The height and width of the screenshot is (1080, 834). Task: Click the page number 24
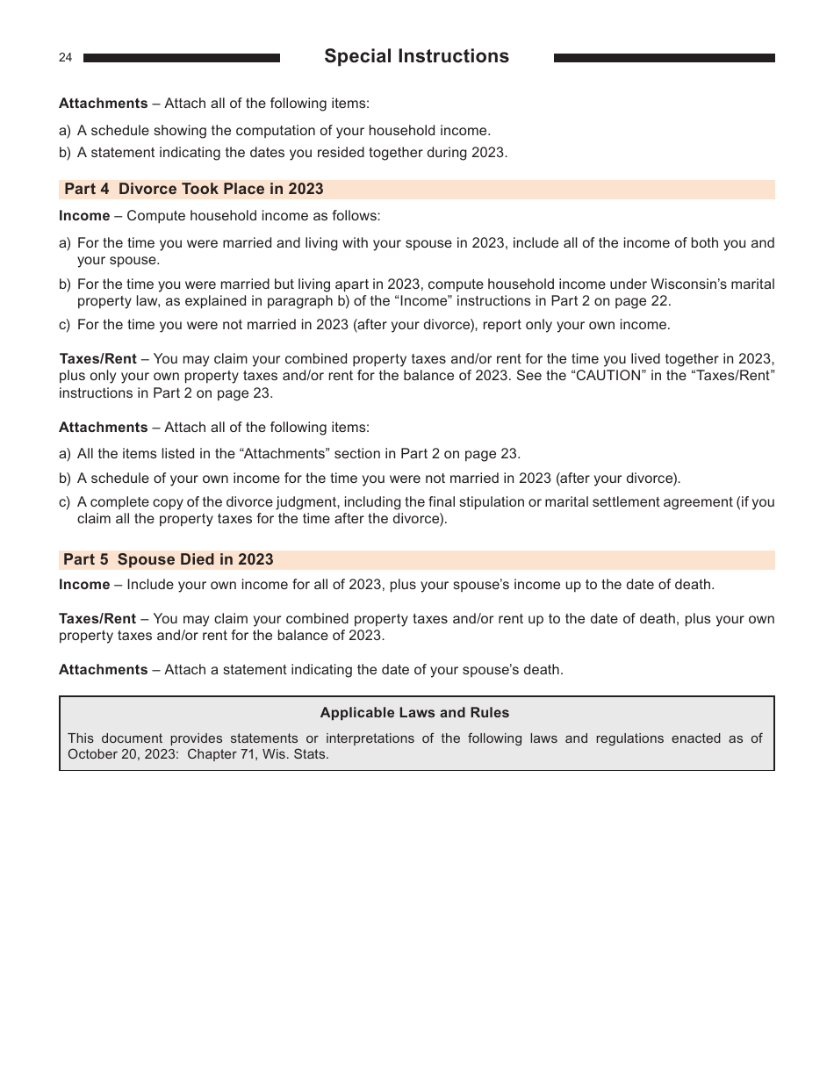click(x=66, y=58)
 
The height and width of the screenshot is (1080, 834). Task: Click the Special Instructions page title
click(x=416, y=56)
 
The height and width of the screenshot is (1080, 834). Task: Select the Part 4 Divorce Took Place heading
click(x=194, y=189)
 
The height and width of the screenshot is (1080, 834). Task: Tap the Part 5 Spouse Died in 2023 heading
click(x=169, y=559)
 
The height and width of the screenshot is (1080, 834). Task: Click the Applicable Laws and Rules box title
click(x=414, y=713)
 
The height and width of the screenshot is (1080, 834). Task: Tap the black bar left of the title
click(x=182, y=58)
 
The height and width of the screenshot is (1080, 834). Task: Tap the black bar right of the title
click(x=664, y=58)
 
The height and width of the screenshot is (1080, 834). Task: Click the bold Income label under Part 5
click(x=84, y=585)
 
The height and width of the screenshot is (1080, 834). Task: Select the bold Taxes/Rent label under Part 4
click(x=97, y=359)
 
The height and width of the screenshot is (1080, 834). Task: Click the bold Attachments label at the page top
click(x=103, y=104)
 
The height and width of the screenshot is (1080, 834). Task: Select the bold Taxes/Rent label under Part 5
click(x=97, y=619)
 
